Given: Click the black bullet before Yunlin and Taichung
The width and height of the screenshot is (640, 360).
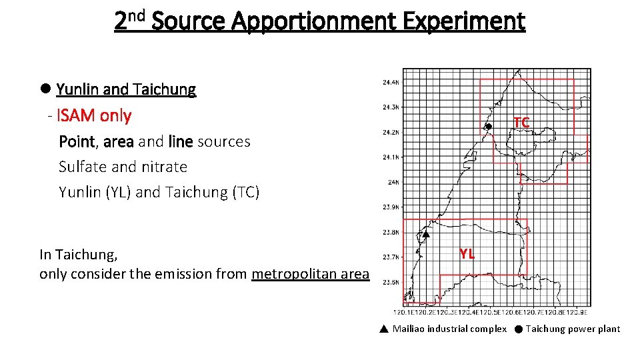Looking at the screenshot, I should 45,89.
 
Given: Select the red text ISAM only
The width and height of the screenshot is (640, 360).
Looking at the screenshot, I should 94,115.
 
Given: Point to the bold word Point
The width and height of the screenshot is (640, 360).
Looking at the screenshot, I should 77,141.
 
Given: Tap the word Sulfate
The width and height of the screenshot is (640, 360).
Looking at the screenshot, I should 83,167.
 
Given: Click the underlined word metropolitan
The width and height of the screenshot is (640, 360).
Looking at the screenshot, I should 291,273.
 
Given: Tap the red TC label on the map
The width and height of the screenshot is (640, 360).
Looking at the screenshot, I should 521,122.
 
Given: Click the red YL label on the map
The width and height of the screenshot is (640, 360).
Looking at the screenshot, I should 467,253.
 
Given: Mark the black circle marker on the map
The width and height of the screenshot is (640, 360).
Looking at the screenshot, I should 488,127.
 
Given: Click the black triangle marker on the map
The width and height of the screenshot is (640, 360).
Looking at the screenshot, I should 425,234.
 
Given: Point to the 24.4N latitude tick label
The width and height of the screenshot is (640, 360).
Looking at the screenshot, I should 391,83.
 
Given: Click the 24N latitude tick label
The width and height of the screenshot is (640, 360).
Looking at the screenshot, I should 393,182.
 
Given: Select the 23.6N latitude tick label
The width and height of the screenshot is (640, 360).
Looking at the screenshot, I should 391,282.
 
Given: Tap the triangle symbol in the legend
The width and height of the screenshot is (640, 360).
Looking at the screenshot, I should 383,329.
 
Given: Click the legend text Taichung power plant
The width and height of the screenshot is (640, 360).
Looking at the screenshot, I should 573,329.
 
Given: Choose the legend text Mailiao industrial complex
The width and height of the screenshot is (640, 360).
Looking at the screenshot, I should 449,329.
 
